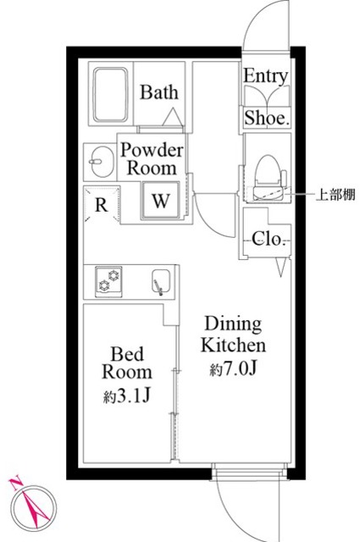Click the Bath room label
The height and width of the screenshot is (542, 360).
[158, 92]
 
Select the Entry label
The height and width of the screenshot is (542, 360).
[266, 77]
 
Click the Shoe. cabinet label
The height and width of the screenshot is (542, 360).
[267, 119]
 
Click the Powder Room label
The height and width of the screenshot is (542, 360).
[151, 158]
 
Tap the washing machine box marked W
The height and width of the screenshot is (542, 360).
[159, 201]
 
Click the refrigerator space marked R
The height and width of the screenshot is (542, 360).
[101, 204]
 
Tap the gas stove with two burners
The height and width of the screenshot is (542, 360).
[108, 279]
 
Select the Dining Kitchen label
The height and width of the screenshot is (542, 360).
[234, 335]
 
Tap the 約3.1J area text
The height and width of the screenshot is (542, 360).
[128, 395]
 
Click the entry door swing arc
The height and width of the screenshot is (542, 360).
[258, 25]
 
